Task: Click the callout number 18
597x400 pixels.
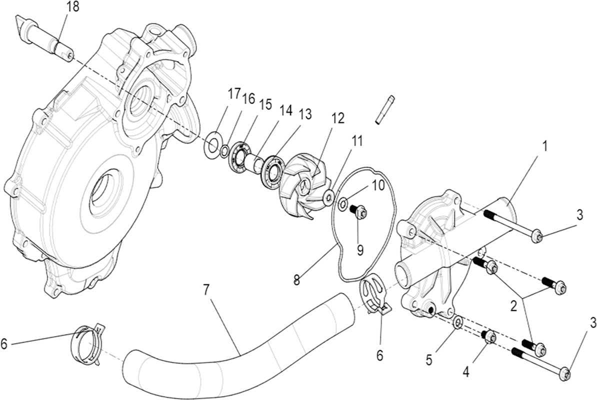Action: tap(72, 7)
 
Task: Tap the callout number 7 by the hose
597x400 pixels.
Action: tap(206, 290)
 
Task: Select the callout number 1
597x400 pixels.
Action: tap(545, 146)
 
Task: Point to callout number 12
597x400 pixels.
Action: tap(337, 118)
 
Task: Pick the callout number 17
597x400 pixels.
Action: tap(234, 93)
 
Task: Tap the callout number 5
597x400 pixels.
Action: tap(429, 360)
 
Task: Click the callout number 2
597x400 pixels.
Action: tap(513, 306)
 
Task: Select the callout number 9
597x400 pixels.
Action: tap(360, 249)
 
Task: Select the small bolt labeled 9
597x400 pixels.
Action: tap(358, 211)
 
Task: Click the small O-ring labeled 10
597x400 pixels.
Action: tap(342, 203)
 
